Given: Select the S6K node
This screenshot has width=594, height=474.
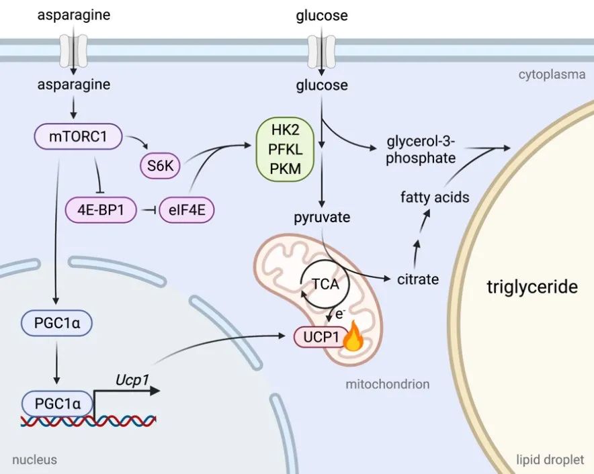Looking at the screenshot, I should coord(160,167).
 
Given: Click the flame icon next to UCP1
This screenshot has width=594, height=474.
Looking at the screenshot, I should coord(352,340).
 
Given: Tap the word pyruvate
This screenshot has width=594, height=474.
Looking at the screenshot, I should coord(322,218).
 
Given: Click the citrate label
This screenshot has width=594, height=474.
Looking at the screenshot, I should coord(417,279).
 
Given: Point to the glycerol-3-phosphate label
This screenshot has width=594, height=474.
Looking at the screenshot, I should coord(421,150).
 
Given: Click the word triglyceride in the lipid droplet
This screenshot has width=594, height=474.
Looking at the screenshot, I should coord(532,287).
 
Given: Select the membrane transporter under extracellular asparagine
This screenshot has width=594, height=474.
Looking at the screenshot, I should coord(73,49).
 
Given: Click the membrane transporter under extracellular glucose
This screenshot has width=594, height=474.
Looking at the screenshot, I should coord(321,49).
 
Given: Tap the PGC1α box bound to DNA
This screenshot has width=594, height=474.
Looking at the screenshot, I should coord(57,404).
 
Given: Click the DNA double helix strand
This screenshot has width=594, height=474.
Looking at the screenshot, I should coord(87,421).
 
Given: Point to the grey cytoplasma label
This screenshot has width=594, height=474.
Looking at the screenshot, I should coord(552,75).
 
